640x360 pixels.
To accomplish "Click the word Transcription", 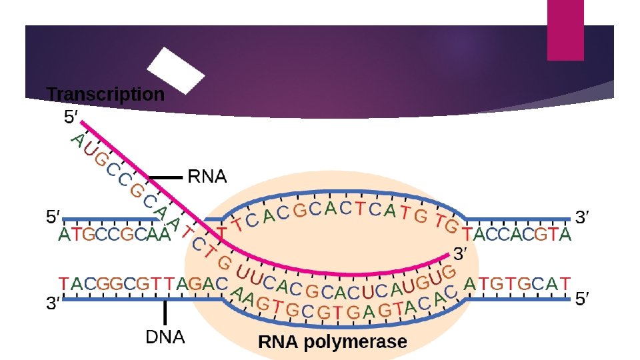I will pyautogui.click(x=105, y=95).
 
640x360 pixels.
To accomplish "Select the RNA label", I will pyautogui.click(x=207, y=177).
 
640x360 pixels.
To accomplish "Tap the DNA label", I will pyautogui.click(x=165, y=337).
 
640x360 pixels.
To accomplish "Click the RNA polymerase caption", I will pyautogui.click(x=332, y=343).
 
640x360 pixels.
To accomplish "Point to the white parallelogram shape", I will pyautogui.click(x=175, y=70).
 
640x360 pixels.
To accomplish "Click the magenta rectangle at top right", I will pyautogui.click(x=565, y=30).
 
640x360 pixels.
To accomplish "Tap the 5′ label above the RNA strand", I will pyautogui.click(x=71, y=117).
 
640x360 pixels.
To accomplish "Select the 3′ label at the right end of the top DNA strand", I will pyautogui.click(x=583, y=217).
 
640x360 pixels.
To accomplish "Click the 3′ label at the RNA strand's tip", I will pyautogui.click(x=462, y=254).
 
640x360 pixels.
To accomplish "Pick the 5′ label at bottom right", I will pyautogui.click(x=583, y=300).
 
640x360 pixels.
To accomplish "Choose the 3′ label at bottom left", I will pyautogui.click(x=53, y=305).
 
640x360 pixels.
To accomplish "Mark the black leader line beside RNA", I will pyautogui.click(x=165, y=178).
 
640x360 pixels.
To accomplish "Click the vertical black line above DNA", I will pyautogui.click(x=165, y=314).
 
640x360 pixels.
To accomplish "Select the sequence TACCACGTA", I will pyautogui.click(x=517, y=235).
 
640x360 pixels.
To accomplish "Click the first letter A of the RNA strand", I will pyautogui.click(x=77, y=141).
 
